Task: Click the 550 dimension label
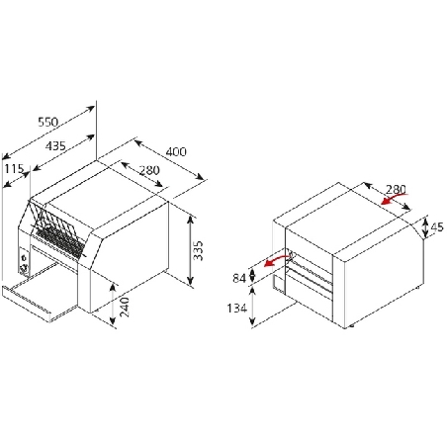tap(48, 122)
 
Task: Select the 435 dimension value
tap(55, 145)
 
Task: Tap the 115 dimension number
tap(14, 169)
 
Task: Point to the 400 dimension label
tap(176, 151)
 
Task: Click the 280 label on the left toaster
tap(149, 170)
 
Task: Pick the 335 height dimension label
tap(198, 250)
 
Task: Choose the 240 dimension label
tap(124, 308)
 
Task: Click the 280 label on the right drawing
tap(396, 190)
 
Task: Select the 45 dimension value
tap(437, 227)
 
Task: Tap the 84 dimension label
tap(239, 279)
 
